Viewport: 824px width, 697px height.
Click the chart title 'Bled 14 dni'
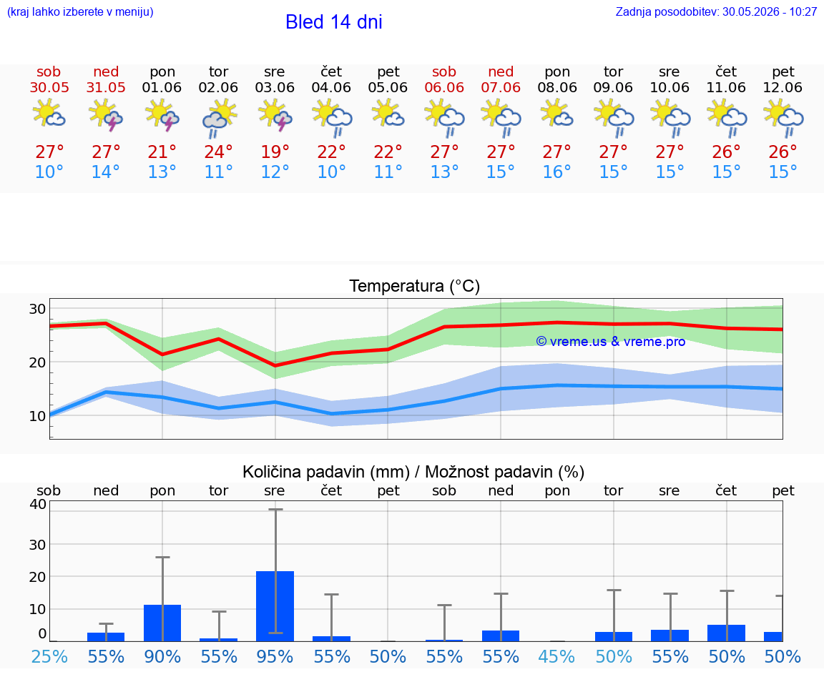(334, 22)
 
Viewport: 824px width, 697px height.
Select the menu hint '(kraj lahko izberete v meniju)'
(80, 11)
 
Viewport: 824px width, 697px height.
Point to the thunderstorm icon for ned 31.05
(106, 116)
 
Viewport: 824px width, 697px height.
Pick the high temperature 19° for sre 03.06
(275, 152)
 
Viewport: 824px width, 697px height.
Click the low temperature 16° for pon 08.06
(556, 172)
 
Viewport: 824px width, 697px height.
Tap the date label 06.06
(444, 87)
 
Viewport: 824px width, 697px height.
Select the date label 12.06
(783, 87)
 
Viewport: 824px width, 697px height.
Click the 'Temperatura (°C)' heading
(415, 286)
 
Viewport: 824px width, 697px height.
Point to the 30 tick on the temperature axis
(37, 309)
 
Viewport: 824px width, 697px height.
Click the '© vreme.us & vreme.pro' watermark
(611, 342)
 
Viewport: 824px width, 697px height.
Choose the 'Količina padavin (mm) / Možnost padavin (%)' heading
(413, 472)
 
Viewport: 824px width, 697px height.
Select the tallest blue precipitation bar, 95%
(275, 606)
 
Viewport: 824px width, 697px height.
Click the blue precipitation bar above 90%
(162, 623)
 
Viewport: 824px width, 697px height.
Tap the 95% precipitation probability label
(275, 656)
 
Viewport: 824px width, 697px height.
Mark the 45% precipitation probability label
(556, 656)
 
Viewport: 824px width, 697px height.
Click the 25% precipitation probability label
(49, 656)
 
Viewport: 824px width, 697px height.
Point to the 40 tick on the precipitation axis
(38, 504)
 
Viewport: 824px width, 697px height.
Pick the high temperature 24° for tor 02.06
(218, 152)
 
